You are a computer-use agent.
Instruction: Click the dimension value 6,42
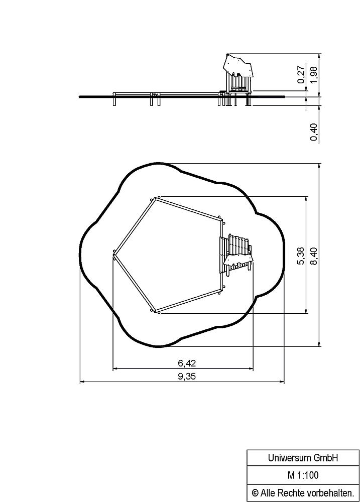click(187, 363)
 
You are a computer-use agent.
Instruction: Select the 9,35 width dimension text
click(187, 376)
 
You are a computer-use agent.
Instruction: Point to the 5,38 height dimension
click(301, 256)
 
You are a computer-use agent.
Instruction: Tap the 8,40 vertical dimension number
click(314, 256)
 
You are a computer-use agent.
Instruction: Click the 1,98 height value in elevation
click(314, 75)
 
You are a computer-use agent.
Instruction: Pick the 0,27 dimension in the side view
click(301, 75)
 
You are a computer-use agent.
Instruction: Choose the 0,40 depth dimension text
click(314, 132)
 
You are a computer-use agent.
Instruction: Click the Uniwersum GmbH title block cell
click(303, 458)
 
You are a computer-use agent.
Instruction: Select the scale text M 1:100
click(303, 475)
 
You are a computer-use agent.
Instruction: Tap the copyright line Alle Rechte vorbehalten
click(307, 492)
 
